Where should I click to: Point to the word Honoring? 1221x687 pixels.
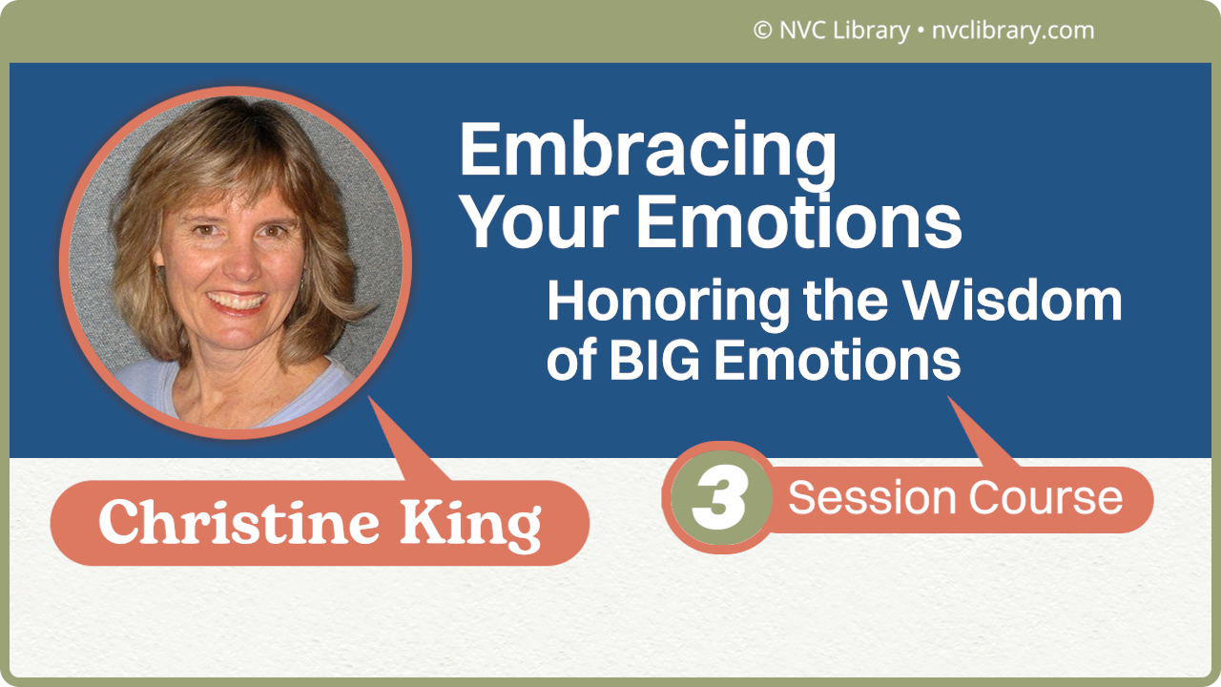point(668,301)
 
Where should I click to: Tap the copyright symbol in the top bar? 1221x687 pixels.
point(762,31)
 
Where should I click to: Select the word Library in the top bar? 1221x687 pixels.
point(870,31)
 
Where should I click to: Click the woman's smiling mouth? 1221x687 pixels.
point(238,301)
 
